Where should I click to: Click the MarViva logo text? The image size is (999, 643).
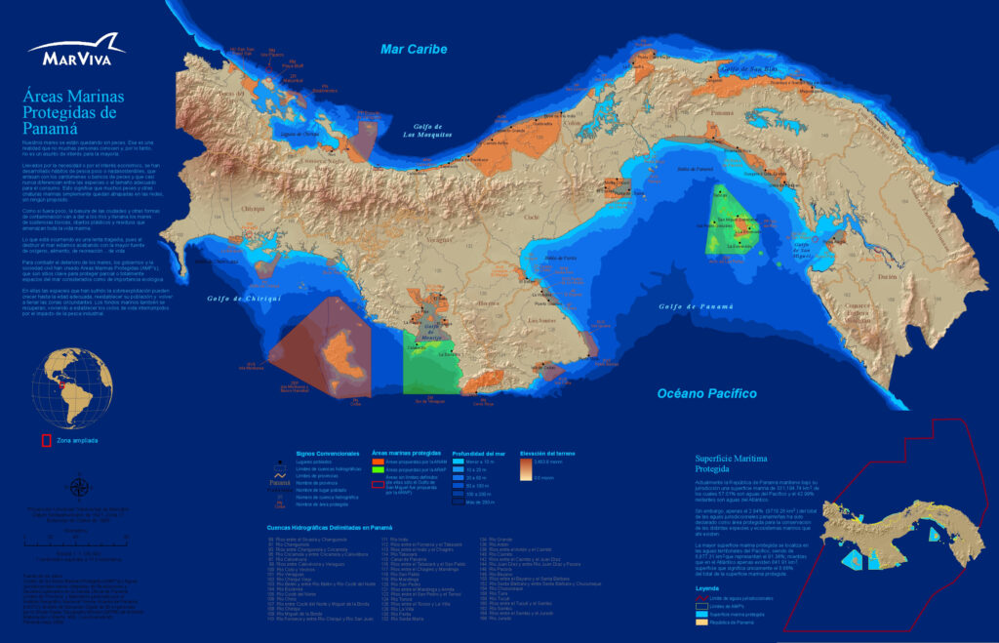tap(76, 59)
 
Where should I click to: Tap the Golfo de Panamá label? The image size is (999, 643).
tap(694, 307)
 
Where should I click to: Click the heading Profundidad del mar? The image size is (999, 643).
tap(479, 454)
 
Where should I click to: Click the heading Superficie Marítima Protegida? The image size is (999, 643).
tap(732, 462)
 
